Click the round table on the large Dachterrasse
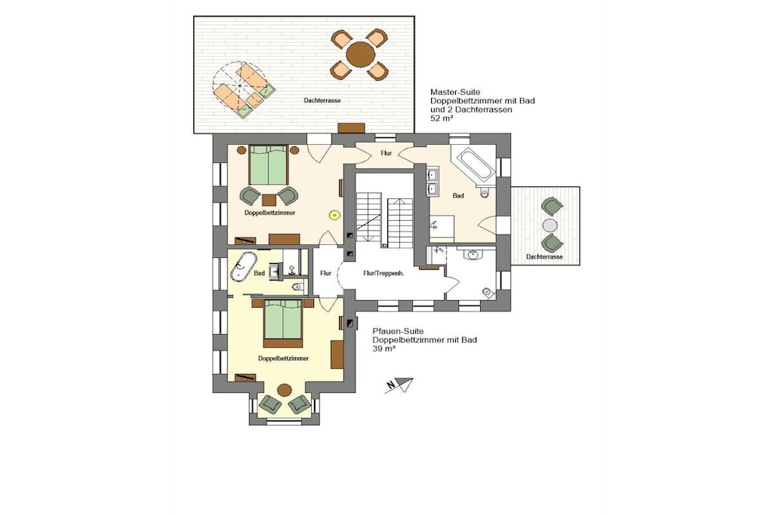coord(360,54)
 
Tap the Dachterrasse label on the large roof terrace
coord(322,100)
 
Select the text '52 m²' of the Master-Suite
coord(442,118)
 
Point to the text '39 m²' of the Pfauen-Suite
coord(384,348)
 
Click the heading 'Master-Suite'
coord(455,92)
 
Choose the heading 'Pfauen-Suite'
coord(398,331)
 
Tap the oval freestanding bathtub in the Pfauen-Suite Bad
coord(243,267)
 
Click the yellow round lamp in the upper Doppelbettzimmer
coord(334,215)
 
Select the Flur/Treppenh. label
coord(383,273)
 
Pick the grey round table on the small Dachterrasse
coord(550,225)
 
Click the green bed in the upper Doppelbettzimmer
coord(268,165)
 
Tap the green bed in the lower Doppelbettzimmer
coord(282,323)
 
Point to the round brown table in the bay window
coord(285,391)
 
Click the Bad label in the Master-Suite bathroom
coord(458,196)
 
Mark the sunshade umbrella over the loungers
coord(240,86)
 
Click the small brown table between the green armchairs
coord(269,199)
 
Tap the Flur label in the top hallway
coord(386,154)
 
